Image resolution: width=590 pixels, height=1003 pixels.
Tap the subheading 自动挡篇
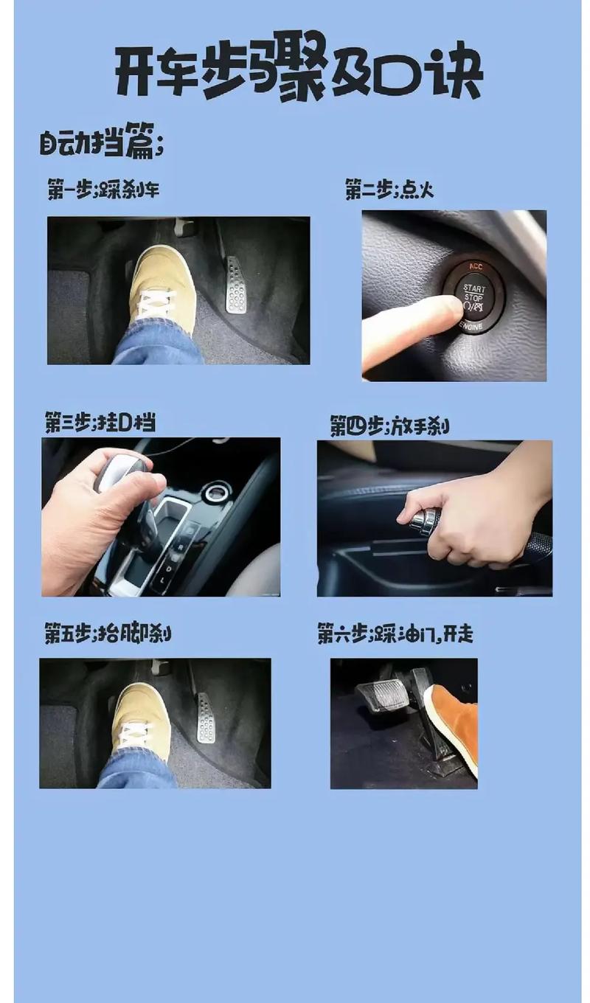pos(101,142)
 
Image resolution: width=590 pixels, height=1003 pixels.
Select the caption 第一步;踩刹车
pos(103,190)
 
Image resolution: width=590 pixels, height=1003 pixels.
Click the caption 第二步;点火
pos(389,190)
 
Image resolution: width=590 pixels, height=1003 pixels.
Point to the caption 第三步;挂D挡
pos(100,423)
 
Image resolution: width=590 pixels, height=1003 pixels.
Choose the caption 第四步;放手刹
pos(389,426)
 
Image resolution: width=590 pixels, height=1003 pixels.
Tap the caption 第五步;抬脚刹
pos(108,634)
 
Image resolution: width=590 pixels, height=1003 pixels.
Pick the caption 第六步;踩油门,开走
pos(395,634)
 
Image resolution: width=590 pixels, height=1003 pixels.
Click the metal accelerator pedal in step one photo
pos(236,286)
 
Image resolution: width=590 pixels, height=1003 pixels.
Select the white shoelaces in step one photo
pos(157,302)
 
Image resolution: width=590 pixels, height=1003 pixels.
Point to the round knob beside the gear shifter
pos(218,492)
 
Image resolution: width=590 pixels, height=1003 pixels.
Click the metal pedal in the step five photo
pos(206,718)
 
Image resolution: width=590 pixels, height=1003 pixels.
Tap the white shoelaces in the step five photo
pos(134,733)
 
